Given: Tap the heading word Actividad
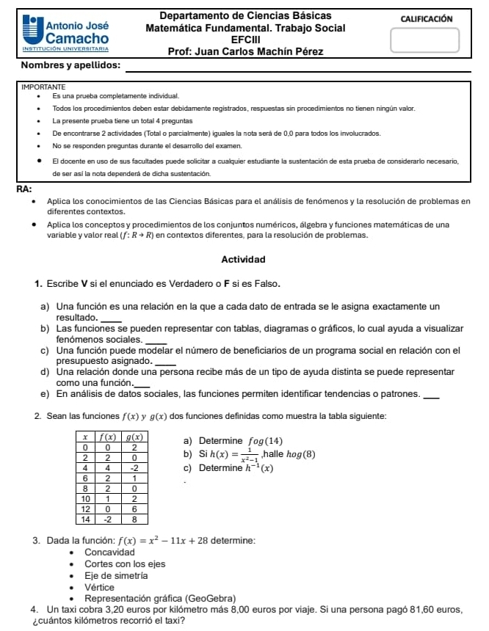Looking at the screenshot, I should (x=243, y=259).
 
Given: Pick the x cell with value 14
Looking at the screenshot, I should (x=86, y=518).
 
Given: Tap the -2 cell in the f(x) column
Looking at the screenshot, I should (x=108, y=518).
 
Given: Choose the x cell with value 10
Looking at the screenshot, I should (x=86, y=497).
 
